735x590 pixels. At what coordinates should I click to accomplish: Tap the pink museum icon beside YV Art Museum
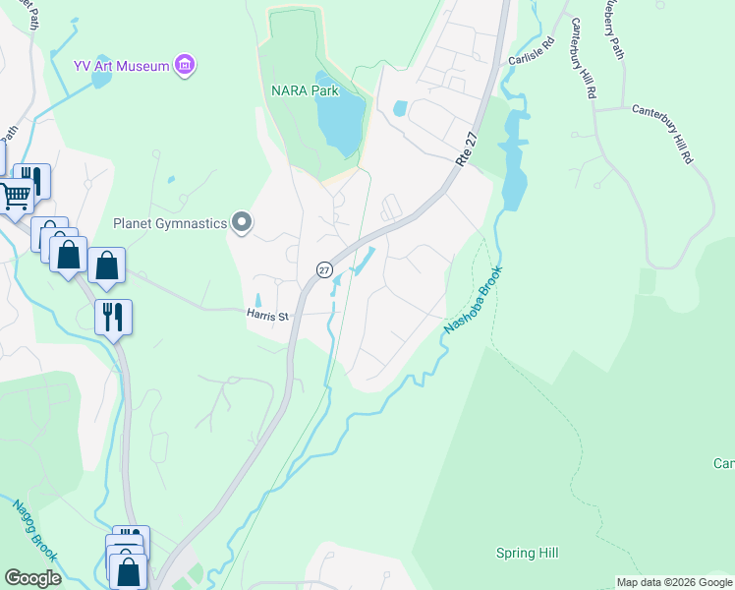[184, 66]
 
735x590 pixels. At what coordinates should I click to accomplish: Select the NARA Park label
[305, 90]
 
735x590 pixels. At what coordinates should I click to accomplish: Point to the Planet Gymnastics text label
[169, 223]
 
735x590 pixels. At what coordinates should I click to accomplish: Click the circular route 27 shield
[324, 269]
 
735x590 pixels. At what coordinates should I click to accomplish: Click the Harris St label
[266, 316]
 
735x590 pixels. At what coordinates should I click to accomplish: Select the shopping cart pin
[15, 196]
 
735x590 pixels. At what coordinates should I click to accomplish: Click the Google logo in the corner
[32, 578]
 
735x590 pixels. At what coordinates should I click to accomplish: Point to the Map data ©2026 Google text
[674, 582]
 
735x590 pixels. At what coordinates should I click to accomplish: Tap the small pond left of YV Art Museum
[102, 82]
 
